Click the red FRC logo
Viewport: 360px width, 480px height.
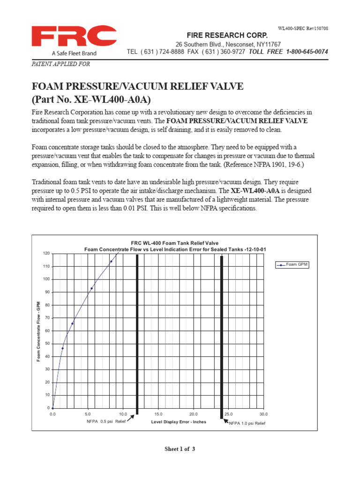point(74,37)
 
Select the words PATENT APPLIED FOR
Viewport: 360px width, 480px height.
point(60,64)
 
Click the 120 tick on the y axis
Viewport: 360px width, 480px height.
point(46,254)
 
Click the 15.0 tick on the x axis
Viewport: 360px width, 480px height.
point(158,414)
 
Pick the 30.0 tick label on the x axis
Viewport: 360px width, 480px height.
point(263,414)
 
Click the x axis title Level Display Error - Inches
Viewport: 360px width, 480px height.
point(179,422)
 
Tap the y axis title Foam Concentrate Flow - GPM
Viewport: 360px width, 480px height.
point(38,331)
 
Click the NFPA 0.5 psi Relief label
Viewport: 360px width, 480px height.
point(106,422)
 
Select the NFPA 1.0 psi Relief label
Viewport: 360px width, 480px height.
point(247,423)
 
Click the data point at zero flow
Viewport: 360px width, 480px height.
point(52,408)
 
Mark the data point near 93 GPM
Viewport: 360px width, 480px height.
point(91,288)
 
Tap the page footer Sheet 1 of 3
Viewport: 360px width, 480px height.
point(180,449)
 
